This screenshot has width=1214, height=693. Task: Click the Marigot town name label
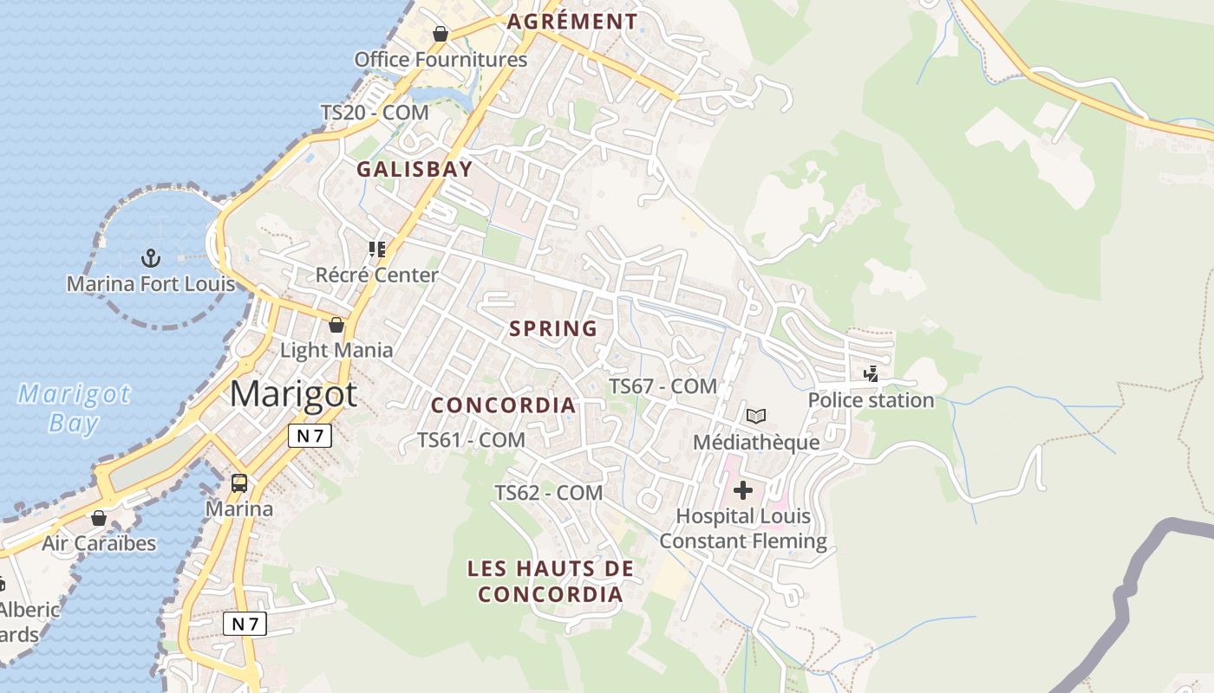293,394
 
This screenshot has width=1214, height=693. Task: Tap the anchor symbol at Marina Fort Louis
151,257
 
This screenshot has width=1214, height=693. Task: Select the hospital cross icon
743,490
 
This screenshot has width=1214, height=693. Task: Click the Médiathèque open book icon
756,416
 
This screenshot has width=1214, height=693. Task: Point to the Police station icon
871,374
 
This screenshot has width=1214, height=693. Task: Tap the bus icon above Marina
239,483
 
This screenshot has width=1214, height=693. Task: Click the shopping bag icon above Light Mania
336,325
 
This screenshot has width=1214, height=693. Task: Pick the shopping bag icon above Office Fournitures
441,34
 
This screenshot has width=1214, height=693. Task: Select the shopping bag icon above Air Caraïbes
99,518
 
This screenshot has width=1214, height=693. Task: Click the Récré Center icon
376,249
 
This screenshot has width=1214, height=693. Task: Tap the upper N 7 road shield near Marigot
310,436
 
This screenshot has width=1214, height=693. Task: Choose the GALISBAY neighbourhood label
414,169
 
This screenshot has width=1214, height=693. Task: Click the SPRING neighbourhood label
553,329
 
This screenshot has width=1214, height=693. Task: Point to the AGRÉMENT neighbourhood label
572,22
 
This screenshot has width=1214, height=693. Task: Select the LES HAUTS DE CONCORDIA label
551,581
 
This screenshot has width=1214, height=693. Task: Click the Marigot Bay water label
74,408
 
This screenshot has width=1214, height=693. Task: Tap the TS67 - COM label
662,386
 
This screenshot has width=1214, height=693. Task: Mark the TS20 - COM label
375,113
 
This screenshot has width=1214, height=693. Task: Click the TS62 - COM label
548,493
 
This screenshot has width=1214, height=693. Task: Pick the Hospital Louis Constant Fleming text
744,528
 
